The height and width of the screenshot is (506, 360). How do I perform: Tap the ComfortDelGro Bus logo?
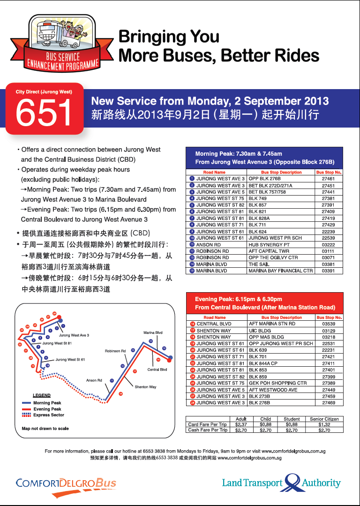(x=66, y=483)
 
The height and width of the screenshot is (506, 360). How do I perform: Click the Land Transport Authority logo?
(x=281, y=483)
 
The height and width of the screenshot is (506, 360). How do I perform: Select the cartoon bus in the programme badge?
(x=49, y=33)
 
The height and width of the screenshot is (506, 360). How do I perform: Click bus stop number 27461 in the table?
(x=328, y=179)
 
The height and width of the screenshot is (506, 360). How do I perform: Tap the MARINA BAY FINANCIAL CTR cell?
(x=280, y=271)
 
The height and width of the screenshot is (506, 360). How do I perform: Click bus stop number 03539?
(x=329, y=324)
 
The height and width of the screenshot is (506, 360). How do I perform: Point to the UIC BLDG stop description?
(x=260, y=330)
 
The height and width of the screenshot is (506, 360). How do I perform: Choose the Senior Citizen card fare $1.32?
(x=324, y=424)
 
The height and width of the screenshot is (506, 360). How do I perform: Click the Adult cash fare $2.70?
(x=241, y=430)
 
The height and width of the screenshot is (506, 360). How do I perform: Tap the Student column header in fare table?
(x=292, y=419)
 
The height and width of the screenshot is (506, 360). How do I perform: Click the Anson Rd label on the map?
(x=94, y=380)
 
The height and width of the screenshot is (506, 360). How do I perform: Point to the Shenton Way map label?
(x=145, y=387)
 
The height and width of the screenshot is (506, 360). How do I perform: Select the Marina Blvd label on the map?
(x=153, y=332)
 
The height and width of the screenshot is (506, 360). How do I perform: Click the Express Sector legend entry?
(x=48, y=415)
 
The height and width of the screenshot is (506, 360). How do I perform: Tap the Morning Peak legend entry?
(x=47, y=403)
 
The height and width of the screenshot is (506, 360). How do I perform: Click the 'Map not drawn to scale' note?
(x=45, y=429)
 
